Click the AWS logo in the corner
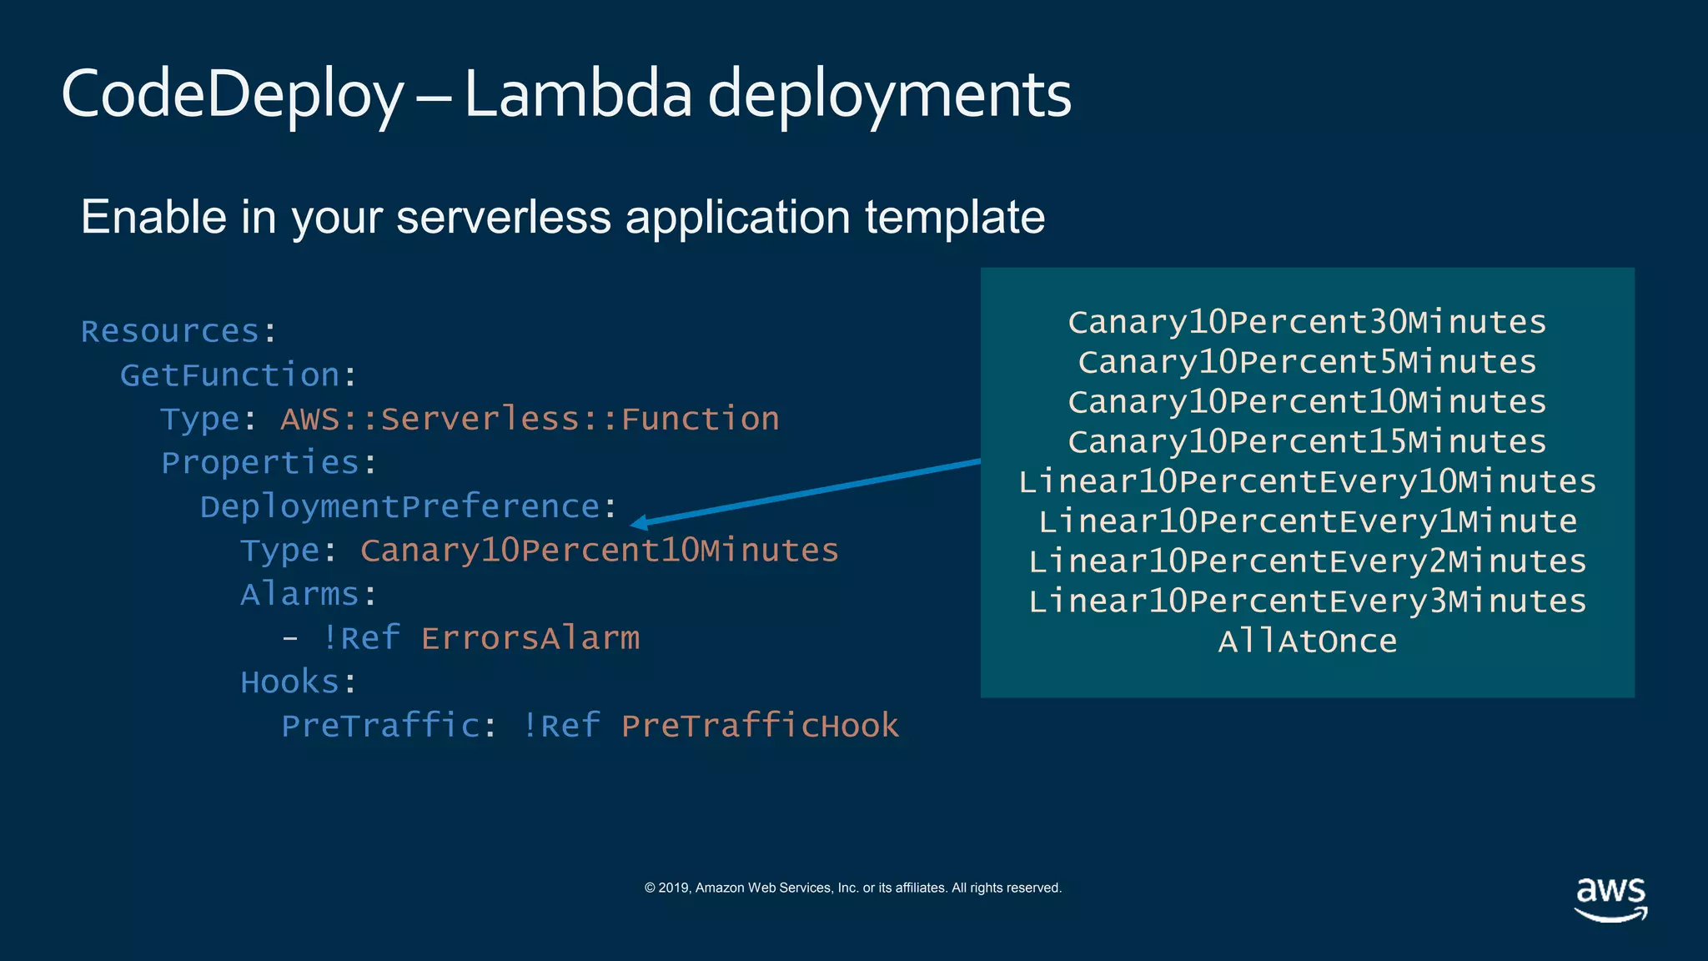tap(1610, 898)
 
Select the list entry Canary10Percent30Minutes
tap(1307, 322)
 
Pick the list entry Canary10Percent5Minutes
tap(1307, 362)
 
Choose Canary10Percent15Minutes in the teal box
tap(1307, 441)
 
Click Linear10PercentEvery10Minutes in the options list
tap(1307, 481)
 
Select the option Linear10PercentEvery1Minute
tap(1307, 521)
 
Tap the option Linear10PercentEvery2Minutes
tap(1307, 561)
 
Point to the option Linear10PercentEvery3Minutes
tap(1307, 601)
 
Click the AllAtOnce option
tap(1307, 642)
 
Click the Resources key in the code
tap(170, 331)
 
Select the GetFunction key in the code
tap(230, 375)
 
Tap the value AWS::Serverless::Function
tap(530, 419)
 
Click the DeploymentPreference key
tap(399, 506)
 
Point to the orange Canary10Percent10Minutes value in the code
tap(599, 551)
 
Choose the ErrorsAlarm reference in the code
tap(530, 638)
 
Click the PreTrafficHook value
tap(760, 726)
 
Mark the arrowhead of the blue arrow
tap(637, 524)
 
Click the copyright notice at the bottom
tap(853, 888)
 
